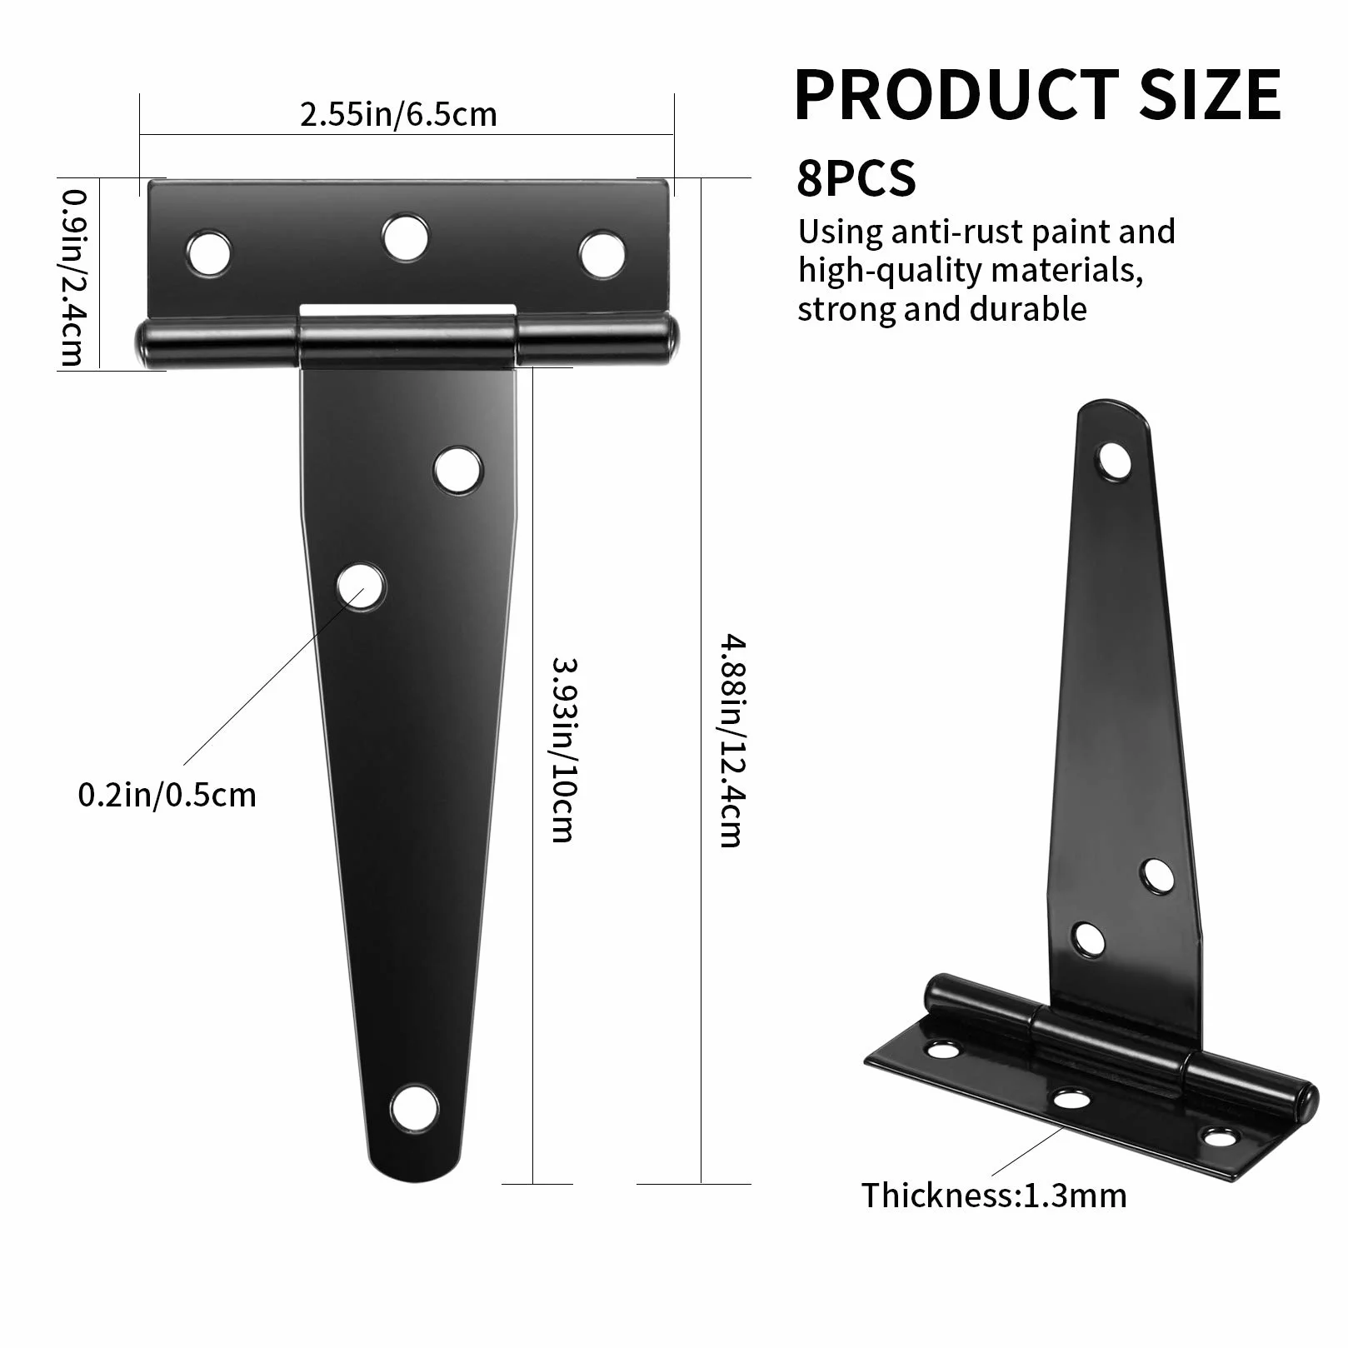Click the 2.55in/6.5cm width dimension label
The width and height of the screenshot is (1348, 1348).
[x=398, y=114]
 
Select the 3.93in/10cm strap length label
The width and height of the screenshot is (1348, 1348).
[x=564, y=750]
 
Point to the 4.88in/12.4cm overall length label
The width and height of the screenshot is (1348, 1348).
[x=731, y=741]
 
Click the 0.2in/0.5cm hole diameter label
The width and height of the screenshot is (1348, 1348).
[x=167, y=795]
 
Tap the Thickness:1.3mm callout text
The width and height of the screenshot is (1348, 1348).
[x=994, y=1196]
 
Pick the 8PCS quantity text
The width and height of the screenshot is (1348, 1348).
[x=856, y=177]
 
